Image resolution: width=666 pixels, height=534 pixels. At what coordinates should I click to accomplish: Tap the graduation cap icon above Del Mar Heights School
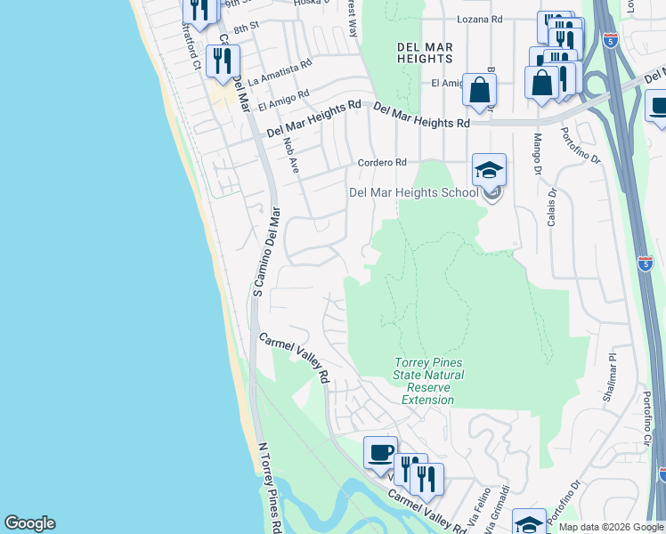[489, 169]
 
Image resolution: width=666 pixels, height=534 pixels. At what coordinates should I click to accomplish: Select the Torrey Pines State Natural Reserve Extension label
[428, 381]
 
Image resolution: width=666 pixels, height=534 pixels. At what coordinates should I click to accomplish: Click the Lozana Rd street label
[479, 19]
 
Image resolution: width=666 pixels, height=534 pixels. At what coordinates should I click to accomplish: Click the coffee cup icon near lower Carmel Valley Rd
[380, 451]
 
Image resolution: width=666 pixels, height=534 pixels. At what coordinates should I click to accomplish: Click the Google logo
[29, 523]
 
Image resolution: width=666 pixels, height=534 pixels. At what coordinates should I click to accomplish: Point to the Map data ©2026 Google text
[610, 527]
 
